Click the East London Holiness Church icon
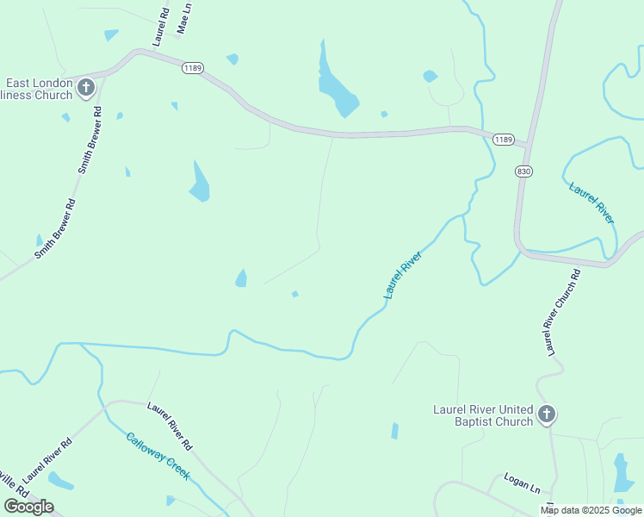tap(86, 87)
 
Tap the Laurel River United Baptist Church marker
tap(546, 415)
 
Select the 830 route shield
tap(524, 171)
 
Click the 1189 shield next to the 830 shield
tap(504, 140)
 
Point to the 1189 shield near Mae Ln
tap(192, 68)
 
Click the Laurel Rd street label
tap(161, 27)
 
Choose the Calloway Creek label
tap(158, 455)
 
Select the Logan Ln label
tap(522, 483)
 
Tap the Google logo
tap(28, 506)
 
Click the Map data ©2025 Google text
tap(591, 510)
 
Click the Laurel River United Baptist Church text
tap(482, 415)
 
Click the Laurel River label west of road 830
tap(403, 276)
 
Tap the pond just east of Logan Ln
tap(622, 473)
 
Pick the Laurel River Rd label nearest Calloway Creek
tap(169, 426)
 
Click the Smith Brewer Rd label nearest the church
tap(90, 140)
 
